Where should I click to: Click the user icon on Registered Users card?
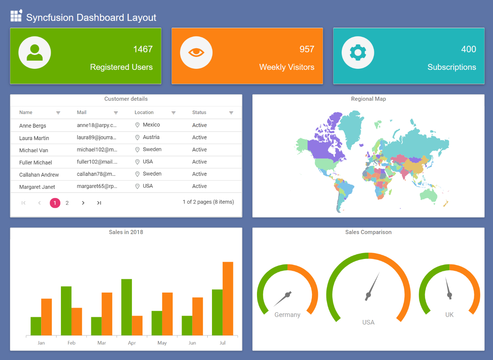[35, 52]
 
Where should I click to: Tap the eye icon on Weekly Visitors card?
[196, 52]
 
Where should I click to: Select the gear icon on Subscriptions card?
[358, 52]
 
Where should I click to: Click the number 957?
[307, 49]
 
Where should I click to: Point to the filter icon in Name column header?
[58, 113]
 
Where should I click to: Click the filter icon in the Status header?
[231, 113]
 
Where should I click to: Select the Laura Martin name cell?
[34, 138]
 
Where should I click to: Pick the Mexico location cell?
[151, 125]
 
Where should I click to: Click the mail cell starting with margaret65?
[97, 186]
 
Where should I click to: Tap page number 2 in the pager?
[67, 203]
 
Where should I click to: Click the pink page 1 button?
[55, 203]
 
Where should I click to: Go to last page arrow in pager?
[99, 203]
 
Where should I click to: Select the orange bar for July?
[228, 298]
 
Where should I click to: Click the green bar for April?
[127, 307]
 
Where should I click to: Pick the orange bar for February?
[77, 321]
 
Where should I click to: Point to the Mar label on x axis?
[102, 343]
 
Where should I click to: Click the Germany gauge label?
[287, 315]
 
